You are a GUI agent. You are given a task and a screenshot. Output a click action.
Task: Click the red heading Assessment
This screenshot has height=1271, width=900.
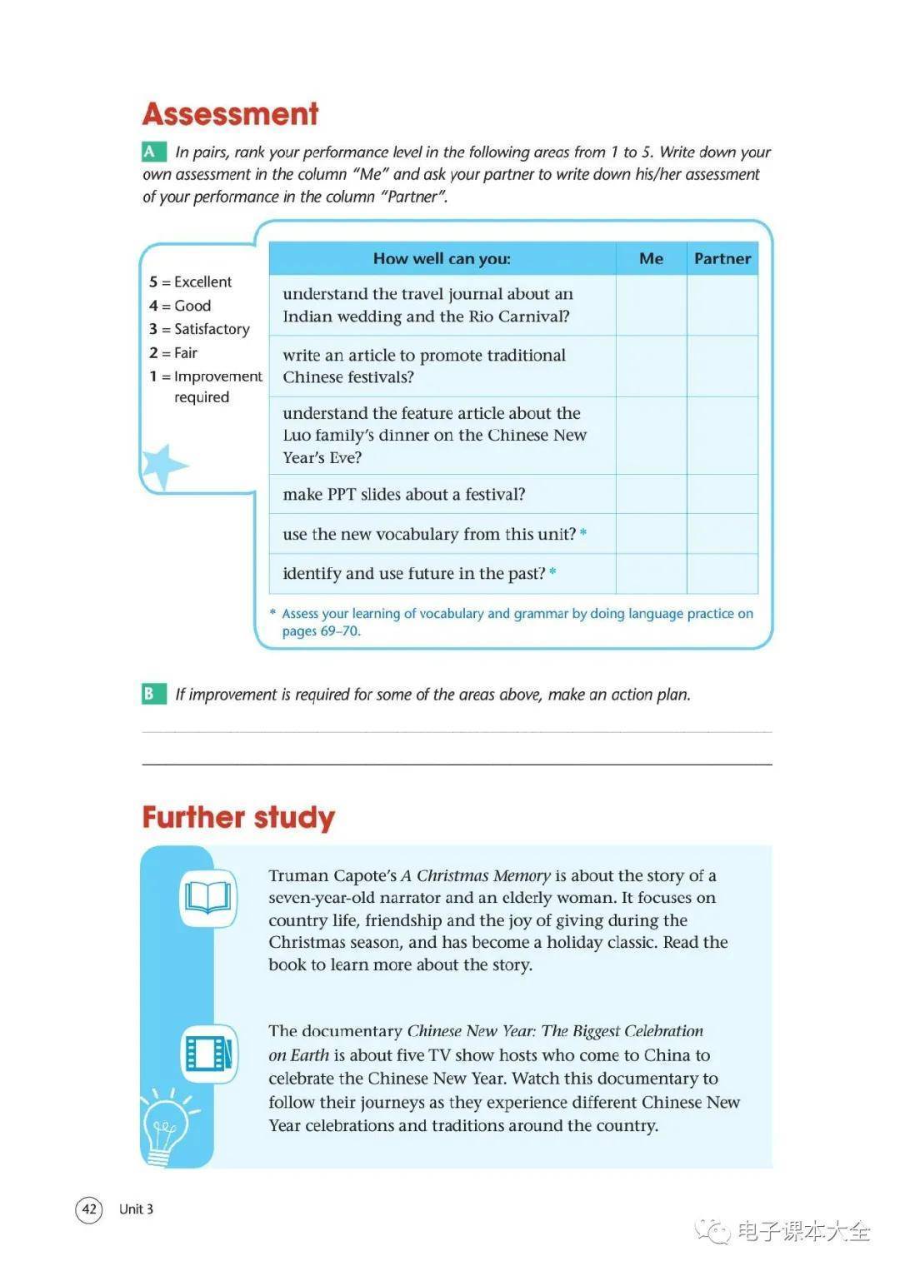click(230, 114)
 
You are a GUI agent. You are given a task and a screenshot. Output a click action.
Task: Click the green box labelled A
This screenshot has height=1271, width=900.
click(151, 152)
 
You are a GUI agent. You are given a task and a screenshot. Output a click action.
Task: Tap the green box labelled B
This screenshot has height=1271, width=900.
click(151, 693)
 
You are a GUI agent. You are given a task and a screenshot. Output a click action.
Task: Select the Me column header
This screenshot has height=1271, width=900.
click(651, 258)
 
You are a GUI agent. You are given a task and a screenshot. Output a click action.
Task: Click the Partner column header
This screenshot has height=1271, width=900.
click(722, 258)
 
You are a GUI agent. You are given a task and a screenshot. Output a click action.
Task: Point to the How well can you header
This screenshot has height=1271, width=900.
click(442, 258)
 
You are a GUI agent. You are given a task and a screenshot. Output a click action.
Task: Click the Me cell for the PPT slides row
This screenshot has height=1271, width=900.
click(651, 494)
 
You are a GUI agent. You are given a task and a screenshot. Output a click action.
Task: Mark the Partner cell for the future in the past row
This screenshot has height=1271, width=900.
click(722, 573)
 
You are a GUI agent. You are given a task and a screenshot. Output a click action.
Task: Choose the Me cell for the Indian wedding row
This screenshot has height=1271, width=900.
click(651, 305)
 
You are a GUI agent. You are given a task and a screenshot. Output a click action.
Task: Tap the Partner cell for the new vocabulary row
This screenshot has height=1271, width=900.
click(722, 534)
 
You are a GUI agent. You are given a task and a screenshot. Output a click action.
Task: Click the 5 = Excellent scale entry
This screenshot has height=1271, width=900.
click(191, 282)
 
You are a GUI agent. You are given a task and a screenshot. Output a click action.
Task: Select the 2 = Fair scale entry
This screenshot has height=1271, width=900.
click(173, 352)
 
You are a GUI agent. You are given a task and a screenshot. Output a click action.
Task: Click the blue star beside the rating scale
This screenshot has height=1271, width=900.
click(162, 466)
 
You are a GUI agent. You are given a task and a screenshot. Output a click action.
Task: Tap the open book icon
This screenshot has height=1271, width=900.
click(208, 898)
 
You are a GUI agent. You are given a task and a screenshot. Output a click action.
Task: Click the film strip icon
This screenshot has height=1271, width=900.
click(208, 1053)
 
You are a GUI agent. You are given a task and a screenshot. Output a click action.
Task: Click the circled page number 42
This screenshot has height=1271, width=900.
click(89, 1209)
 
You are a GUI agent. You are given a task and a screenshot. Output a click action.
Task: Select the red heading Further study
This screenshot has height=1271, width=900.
click(238, 817)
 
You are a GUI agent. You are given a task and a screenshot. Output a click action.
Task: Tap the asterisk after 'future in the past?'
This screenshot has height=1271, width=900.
click(553, 571)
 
